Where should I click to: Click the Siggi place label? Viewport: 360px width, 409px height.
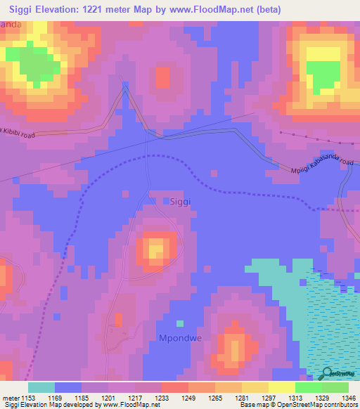(181, 200)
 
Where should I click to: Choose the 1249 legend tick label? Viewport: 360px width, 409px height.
(186, 398)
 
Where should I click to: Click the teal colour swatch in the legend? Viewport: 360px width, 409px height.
(41, 387)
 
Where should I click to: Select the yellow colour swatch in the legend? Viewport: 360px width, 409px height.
(281, 387)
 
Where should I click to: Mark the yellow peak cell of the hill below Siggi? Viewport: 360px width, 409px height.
(155, 249)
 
